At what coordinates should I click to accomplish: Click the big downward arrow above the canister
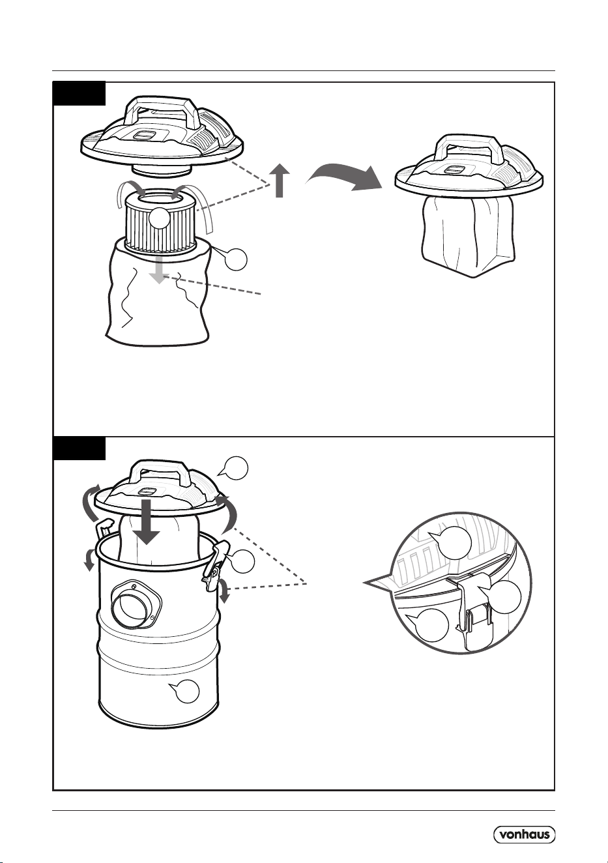(147, 521)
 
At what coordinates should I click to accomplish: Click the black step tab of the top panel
(79, 93)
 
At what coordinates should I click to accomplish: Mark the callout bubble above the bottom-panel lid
(234, 468)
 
